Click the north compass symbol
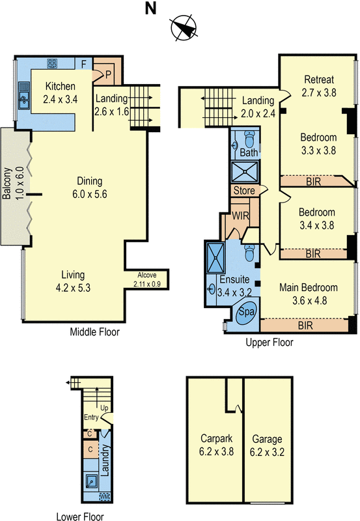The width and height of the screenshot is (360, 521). point(183,29)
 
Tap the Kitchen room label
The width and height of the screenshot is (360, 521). point(60,86)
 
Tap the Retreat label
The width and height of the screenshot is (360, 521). point(320,81)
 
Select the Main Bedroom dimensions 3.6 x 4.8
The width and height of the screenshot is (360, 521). point(308,300)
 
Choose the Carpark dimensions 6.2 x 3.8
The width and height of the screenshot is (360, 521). point(214,449)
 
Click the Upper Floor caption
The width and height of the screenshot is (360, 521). point(269,342)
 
